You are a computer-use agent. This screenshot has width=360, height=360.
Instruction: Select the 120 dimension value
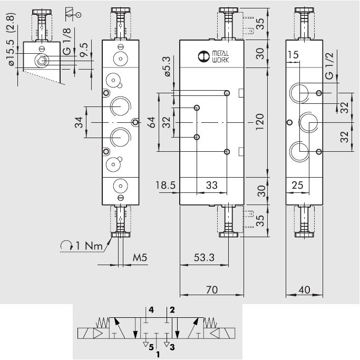click(259, 122)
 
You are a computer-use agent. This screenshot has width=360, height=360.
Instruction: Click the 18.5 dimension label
click(166, 184)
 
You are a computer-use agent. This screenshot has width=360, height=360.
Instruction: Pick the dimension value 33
click(211, 184)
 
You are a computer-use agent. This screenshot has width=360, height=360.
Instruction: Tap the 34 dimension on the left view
click(77, 122)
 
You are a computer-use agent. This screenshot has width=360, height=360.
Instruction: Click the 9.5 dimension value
click(84, 55)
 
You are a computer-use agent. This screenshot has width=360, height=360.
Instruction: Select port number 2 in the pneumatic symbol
click(172, 310)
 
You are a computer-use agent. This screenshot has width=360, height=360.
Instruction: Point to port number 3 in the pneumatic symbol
click(172, 347)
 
